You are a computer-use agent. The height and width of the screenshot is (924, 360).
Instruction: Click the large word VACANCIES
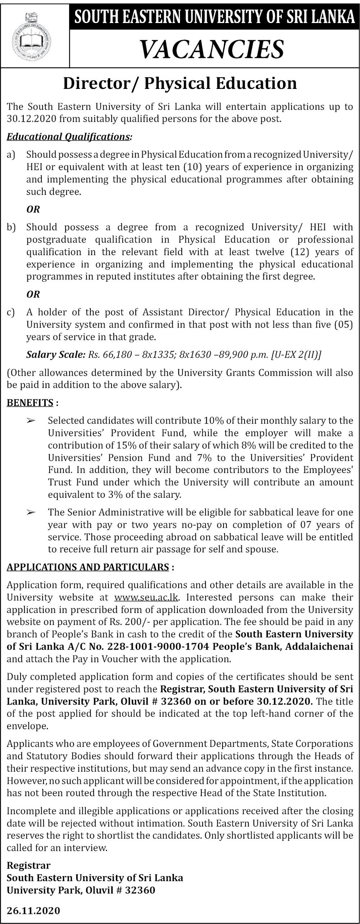pyautogui.click(x=212, y=49)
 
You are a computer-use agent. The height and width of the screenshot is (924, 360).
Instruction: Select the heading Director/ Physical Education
pyautogui.click(x=180, y=83)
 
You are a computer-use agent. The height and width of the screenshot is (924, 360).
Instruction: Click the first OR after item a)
pyautogui.click(x=33, y=209)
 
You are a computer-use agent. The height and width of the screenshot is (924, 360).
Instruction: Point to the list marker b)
pyautogui.click(x=11, y=227)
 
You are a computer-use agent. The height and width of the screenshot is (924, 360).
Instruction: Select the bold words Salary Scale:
pyautogui.click(x=55, y=355)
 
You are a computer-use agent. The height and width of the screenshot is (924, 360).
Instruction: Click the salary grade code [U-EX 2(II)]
pyautogui.click(x=296, y=355)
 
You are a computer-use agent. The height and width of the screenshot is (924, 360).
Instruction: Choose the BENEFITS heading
pyautogui.click(x=30, y=403)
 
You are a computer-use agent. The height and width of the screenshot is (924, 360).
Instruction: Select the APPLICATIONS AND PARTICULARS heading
pyautogui.click(x=88, y=567)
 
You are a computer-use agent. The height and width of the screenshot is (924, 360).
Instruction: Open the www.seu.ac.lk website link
pyautogui.click(x=146, y=598)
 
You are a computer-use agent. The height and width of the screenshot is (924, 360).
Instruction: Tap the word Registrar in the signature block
pyautogui.click(x=28, y=865)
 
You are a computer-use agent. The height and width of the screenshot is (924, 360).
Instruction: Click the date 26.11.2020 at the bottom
pyautogui.click(x=33, y=911)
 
